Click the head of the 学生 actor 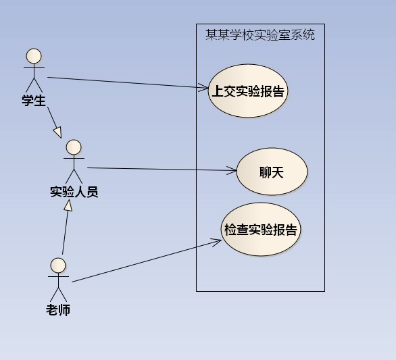[34, 56]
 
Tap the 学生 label [34, 101]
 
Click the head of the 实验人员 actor [74, 147]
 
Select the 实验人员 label [74, 192]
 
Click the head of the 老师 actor [58, 265]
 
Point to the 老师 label [58, 310]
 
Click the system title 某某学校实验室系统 [260, 34]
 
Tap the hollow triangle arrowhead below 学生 [58, 132]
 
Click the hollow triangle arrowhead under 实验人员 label [68, 205]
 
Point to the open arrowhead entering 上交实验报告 [204, 87]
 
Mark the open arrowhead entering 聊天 [232, 170]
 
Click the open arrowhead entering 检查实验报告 [217, 242]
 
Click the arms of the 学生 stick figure [34, 67]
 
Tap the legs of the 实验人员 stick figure [74, 176]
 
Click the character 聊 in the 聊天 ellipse [266, 172]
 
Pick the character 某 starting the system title [212, 34]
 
